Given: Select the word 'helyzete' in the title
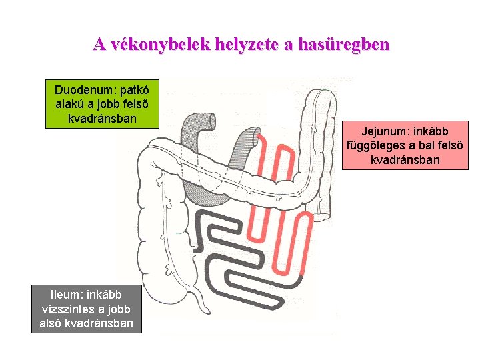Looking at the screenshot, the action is pos(248,45).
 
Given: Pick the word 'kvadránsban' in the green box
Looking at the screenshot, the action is pos(102,118).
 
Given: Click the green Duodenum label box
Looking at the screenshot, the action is pos(102,104).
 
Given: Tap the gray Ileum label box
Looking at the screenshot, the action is pos(86,309).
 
